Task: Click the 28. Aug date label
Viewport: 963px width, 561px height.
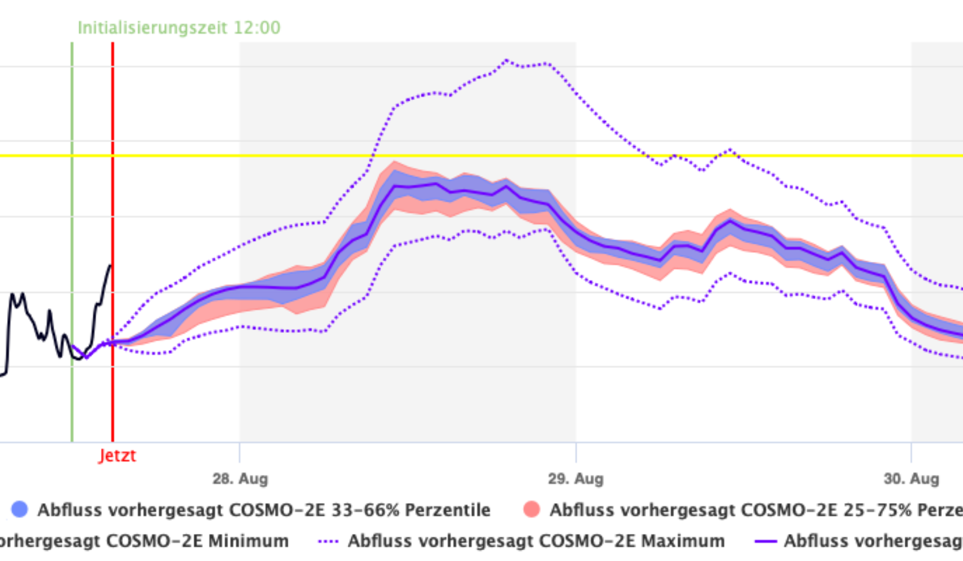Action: point(240,479)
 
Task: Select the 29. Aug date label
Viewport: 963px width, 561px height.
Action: point(575,479)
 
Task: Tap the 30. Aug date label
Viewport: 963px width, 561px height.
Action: point(911,479)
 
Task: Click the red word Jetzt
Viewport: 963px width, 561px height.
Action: point(117,456)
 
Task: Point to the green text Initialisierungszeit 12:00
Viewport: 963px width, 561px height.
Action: point(179,28)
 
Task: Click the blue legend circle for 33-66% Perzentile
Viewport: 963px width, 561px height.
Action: point(20,509)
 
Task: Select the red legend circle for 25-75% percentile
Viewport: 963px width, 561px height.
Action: point(532,509)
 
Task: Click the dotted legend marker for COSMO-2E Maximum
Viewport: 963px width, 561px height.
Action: point(329,541)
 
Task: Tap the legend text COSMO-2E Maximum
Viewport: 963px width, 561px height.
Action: point(536,541)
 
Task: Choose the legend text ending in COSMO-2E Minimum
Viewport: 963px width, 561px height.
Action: point(144,541)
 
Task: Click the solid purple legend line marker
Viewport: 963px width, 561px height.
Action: point(765,541)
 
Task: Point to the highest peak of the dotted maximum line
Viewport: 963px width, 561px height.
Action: point(506,60)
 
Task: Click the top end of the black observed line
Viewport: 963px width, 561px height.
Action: point(110,265)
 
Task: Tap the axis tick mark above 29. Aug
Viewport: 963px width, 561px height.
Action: point(575,451)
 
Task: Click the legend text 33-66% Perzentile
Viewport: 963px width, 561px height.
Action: point(264,510)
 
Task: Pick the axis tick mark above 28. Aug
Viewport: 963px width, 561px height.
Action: point(240,451)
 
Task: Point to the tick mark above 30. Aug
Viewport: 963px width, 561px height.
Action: point(911,451)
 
